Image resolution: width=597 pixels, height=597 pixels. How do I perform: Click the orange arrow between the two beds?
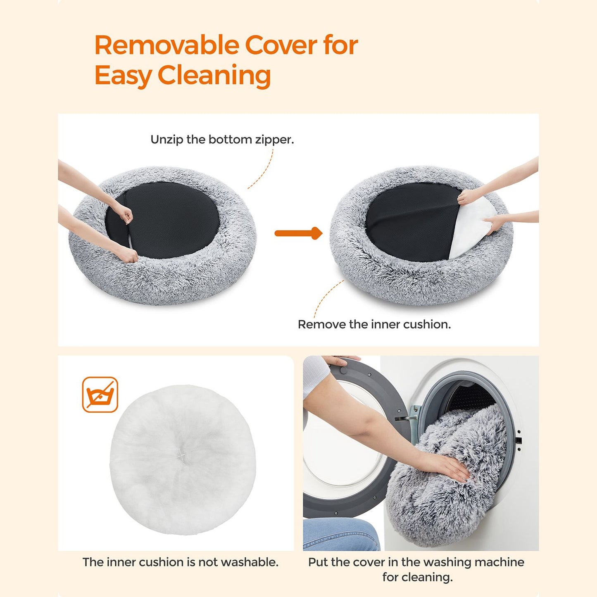tap(298, 233)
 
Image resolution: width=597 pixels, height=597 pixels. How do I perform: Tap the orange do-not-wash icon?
tap(100, 395)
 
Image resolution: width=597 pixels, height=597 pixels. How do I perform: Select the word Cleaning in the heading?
tap(214, 76)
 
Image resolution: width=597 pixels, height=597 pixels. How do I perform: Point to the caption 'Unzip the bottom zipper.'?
tap(222, 140)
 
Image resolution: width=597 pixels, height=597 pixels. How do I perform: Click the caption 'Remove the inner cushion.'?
tap(374, 324)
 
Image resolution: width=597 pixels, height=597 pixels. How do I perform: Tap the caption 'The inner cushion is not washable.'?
tap(180, 562)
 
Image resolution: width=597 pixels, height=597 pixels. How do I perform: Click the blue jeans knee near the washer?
tap(341, 533)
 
